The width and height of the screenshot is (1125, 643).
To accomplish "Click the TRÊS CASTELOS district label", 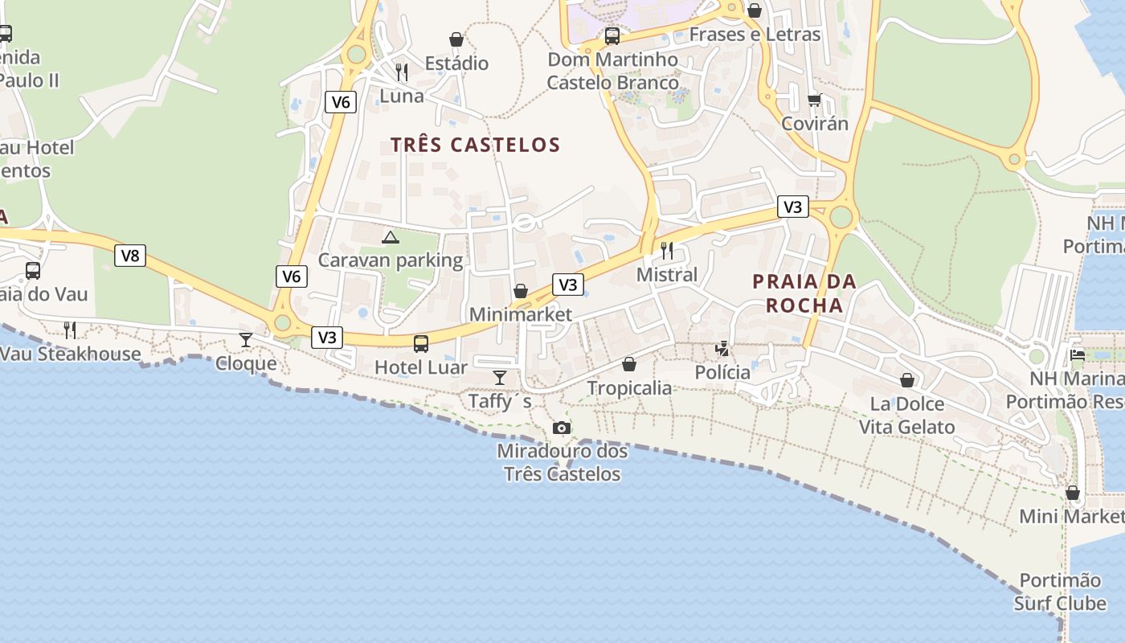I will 475,145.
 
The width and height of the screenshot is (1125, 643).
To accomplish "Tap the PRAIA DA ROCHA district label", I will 804,293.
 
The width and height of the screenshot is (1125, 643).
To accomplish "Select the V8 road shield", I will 129,256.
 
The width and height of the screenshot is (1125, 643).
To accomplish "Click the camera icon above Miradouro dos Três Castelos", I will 562,428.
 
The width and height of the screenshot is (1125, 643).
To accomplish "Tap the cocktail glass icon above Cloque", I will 246,340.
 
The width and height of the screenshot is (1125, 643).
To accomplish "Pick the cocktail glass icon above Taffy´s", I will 500,378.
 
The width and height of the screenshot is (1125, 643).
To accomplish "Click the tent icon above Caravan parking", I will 390,237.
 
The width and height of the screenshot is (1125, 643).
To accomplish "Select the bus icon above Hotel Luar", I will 420,344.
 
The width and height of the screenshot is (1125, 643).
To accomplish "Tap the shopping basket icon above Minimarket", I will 521,291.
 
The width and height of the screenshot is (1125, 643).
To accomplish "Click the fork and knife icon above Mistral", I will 667,251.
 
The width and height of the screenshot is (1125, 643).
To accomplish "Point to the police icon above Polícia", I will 722,349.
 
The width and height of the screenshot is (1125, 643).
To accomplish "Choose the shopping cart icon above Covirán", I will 815,100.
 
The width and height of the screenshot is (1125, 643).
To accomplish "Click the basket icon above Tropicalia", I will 629,365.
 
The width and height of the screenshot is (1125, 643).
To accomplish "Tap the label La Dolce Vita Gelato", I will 907,416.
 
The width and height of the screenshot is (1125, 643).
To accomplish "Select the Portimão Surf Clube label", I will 1060,592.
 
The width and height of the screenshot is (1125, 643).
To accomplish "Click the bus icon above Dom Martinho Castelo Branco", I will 612,36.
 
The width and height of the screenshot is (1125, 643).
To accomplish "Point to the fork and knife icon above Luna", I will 402,72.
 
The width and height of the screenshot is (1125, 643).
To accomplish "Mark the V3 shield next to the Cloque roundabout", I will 327,337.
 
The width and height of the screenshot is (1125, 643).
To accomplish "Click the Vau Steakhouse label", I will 71,354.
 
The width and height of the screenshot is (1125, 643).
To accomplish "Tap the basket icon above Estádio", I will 456,39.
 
